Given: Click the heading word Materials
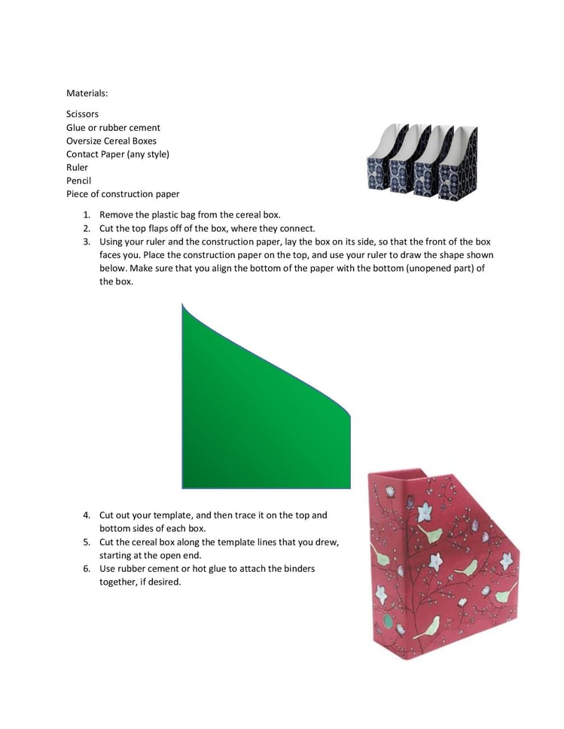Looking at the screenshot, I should click(x=87, y=93).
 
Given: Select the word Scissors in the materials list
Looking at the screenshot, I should click(x=82, y=114).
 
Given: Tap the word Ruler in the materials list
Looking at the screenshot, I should click(x=77, y=167).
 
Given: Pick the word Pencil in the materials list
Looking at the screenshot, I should click(x=78, y=181).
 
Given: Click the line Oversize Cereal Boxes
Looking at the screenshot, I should click(x=111, y=141).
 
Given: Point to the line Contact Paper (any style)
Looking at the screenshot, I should click(x=117, y=154).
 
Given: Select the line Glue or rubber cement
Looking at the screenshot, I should click(x=113, y=127).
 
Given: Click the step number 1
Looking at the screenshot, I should click(x=87, y=214).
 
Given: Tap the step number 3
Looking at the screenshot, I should click(x=87, y=241).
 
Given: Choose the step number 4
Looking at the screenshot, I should click(x=87, y=515).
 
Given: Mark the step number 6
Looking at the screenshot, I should click(x=87, y=568).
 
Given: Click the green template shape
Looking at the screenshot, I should click(x=256, y=421).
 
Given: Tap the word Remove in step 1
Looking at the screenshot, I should click(x=117, y=214).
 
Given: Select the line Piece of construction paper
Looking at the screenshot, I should click(x=122, y=194).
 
